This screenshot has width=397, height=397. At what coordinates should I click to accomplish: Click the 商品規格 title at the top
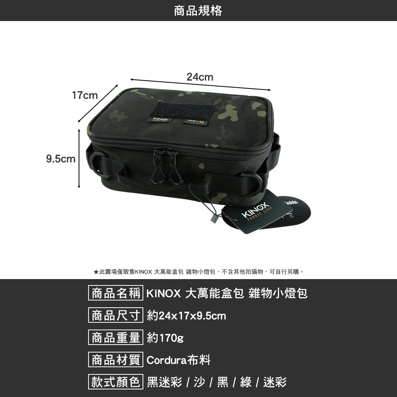tap(198, 11)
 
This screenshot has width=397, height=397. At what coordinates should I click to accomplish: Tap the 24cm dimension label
tap(200, 77)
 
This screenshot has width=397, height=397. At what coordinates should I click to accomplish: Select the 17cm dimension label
tap(85, 96)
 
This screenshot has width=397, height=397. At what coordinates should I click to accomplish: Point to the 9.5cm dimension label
tap(60, 159)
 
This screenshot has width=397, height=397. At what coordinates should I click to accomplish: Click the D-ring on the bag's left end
tap(98, 164)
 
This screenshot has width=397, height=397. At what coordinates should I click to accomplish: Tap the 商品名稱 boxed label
tap(116, 294)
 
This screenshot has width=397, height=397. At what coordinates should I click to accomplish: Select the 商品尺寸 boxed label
tap(116, 316)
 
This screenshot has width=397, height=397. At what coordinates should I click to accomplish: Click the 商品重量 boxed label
tap(116, 338)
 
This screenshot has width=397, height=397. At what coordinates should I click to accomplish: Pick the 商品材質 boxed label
tap(116, 360)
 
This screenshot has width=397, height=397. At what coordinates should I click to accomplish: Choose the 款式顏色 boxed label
tap(116, 382)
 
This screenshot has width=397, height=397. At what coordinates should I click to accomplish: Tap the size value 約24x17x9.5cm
tap(186, 316)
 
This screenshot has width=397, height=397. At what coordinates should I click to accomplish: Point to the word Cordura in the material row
tap(167, 360)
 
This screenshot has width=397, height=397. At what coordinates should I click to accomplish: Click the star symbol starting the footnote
tap(96, 272)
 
